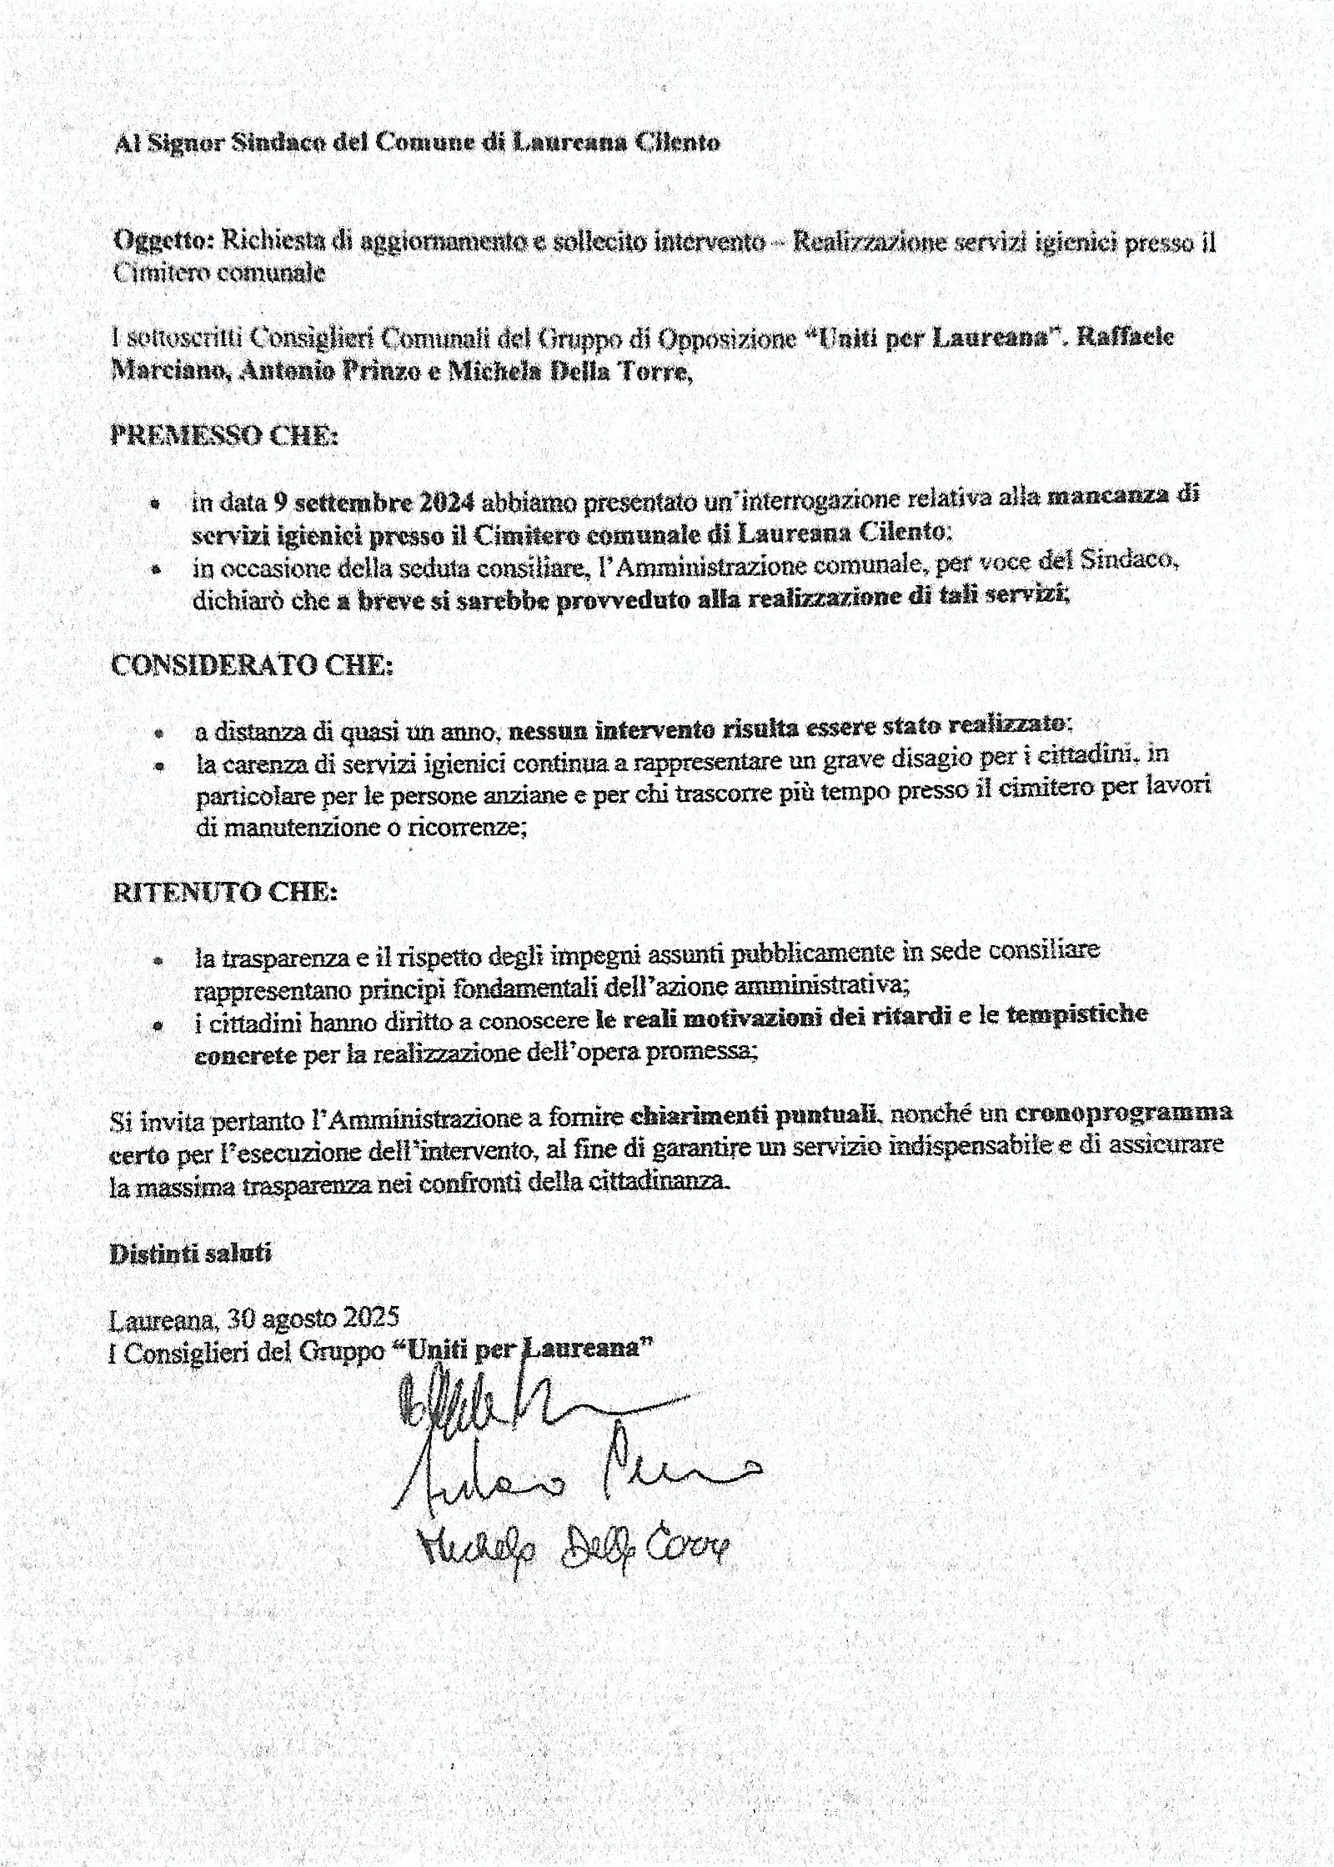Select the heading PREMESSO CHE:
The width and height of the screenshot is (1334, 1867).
point(224,436)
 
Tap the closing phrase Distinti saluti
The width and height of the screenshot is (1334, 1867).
point(191,1254)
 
